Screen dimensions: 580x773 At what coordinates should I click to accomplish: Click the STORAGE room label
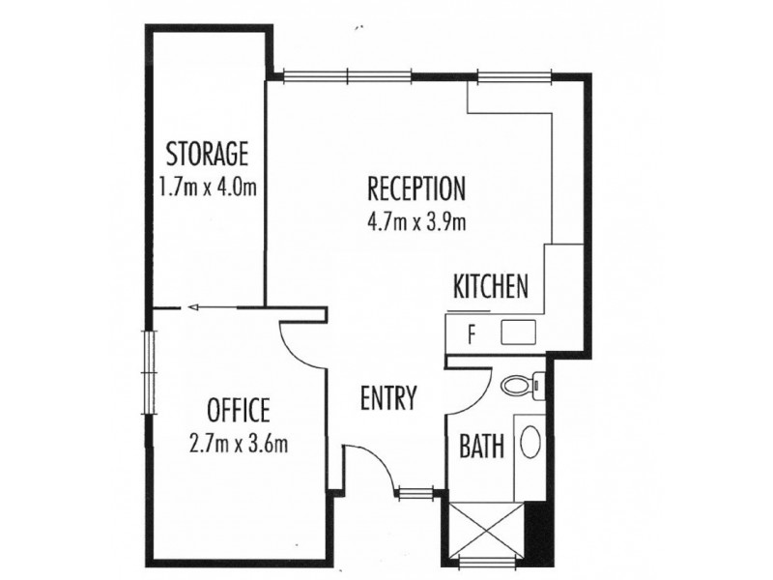[208, 154]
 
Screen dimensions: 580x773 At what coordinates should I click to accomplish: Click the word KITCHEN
[490, 286]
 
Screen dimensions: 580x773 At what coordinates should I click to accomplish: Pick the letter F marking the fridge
[472, 335]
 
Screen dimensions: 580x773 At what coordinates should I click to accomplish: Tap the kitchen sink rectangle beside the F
[518, 334]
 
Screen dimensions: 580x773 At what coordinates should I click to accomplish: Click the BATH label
[479, 448]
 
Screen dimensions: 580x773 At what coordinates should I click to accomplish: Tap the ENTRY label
[387, 397]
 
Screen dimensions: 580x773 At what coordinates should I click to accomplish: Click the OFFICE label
[238, 410]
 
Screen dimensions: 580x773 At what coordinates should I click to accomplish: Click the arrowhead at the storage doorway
[193, 308]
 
